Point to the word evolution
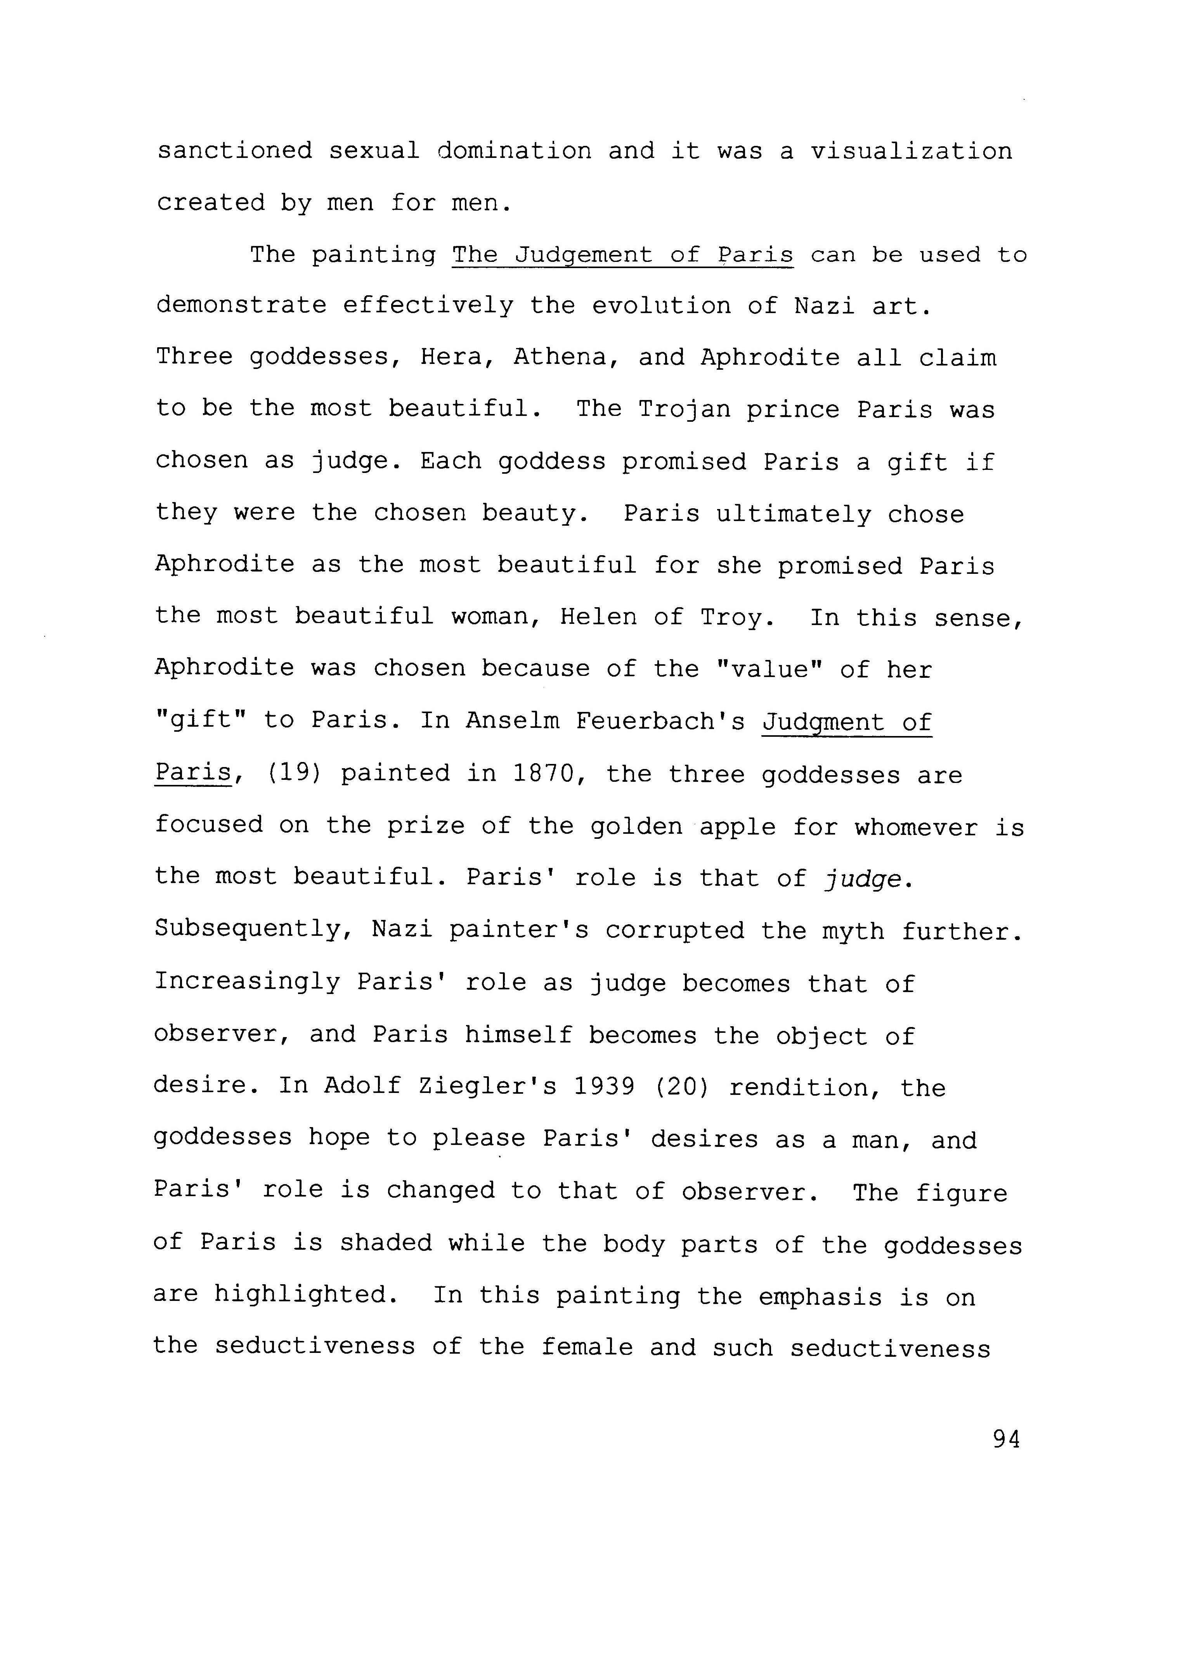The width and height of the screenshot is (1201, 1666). pos(661,307)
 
